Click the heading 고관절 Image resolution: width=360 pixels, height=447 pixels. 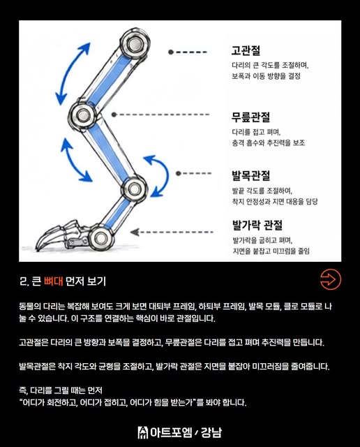(246, 51)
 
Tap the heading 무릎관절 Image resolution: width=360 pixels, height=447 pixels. (250, 117)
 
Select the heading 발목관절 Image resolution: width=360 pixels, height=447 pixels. (250, 175)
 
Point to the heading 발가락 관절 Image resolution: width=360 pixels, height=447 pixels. (257, 225)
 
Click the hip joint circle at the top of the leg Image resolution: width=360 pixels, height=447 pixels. (135, 44)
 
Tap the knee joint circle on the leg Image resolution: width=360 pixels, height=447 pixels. (83, 115)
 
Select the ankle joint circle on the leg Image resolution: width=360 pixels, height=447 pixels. (135, 189)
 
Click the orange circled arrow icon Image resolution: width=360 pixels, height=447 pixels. (331, 279)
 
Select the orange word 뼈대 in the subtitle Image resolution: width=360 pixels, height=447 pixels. (53, 281)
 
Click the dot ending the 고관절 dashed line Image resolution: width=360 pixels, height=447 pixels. (171, 52)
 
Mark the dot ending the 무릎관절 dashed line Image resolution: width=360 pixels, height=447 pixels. (114, 115)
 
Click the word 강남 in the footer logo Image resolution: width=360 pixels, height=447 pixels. (211, 432)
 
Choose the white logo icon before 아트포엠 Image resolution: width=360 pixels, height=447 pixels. (143, 432)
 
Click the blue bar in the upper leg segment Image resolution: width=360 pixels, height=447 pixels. (108, 80)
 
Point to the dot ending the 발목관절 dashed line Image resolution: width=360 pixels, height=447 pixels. (179, 173)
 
